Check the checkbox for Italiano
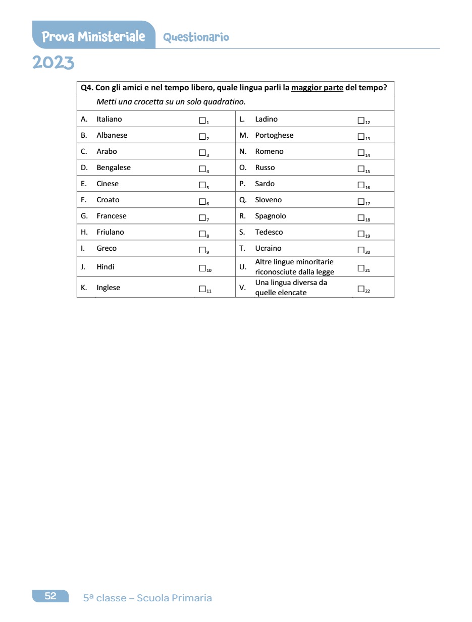[x=202, y=121]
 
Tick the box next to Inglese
[x=202, y=289]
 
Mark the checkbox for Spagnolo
[x=360, y=217]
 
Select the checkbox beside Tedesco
[x=360, y=234]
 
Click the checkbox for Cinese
[x=202, y=185]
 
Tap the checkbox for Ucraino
[x=360, y=250]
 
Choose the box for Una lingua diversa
[x=360, y=289]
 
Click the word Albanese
[x=112, y=135]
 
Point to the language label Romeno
[x=269, y=151]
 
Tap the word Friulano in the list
[x=110, y=232]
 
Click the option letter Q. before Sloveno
[x=243, y=200]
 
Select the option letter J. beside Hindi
[x=83, y=267]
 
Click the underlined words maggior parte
[x=317, y=88]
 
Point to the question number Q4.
[x=87, y=88]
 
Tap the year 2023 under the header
[x=53, y=63]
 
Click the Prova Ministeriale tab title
[x=93, y=37]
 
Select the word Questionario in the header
[x=196, y=37]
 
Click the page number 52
[x=50, y=596]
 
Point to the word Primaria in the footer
[x=192, y=598]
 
